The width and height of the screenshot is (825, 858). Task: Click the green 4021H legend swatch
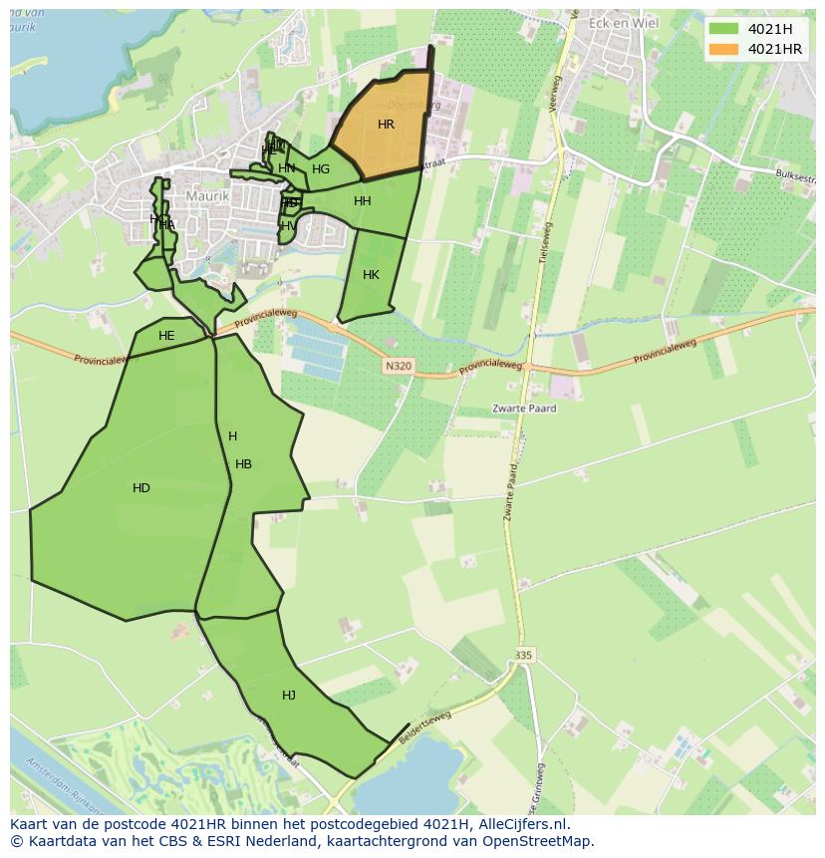[x=724, y=29]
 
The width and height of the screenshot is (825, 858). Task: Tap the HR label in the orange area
[x=386, y=125]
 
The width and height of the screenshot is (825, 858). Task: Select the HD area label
[x=140, y=488]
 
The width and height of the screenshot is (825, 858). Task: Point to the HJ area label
[x=289, y=696]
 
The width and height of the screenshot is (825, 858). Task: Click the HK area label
[x=371, y=275]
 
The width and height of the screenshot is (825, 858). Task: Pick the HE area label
[x=166, y=336]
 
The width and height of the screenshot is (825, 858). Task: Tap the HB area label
[x=243, y=464]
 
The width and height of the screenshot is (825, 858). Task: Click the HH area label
[x=362, y=201]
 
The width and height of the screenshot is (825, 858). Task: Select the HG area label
[x=320, y=169]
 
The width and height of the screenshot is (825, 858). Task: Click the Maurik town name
[x=207, y=196]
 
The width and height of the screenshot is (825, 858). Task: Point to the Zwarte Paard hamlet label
[x=524, y=409]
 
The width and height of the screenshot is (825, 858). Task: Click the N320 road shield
[x=398, y=367]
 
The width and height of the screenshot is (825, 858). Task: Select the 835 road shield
[x=524, y=655]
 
